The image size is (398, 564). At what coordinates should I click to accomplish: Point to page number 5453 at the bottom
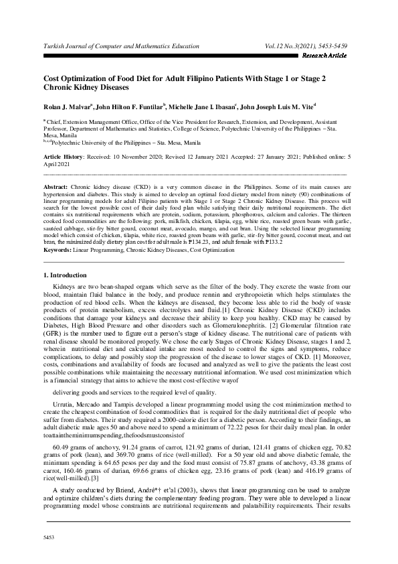48,537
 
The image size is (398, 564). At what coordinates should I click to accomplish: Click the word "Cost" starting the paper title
52,78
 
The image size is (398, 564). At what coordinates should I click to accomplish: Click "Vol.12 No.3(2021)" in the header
288,46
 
